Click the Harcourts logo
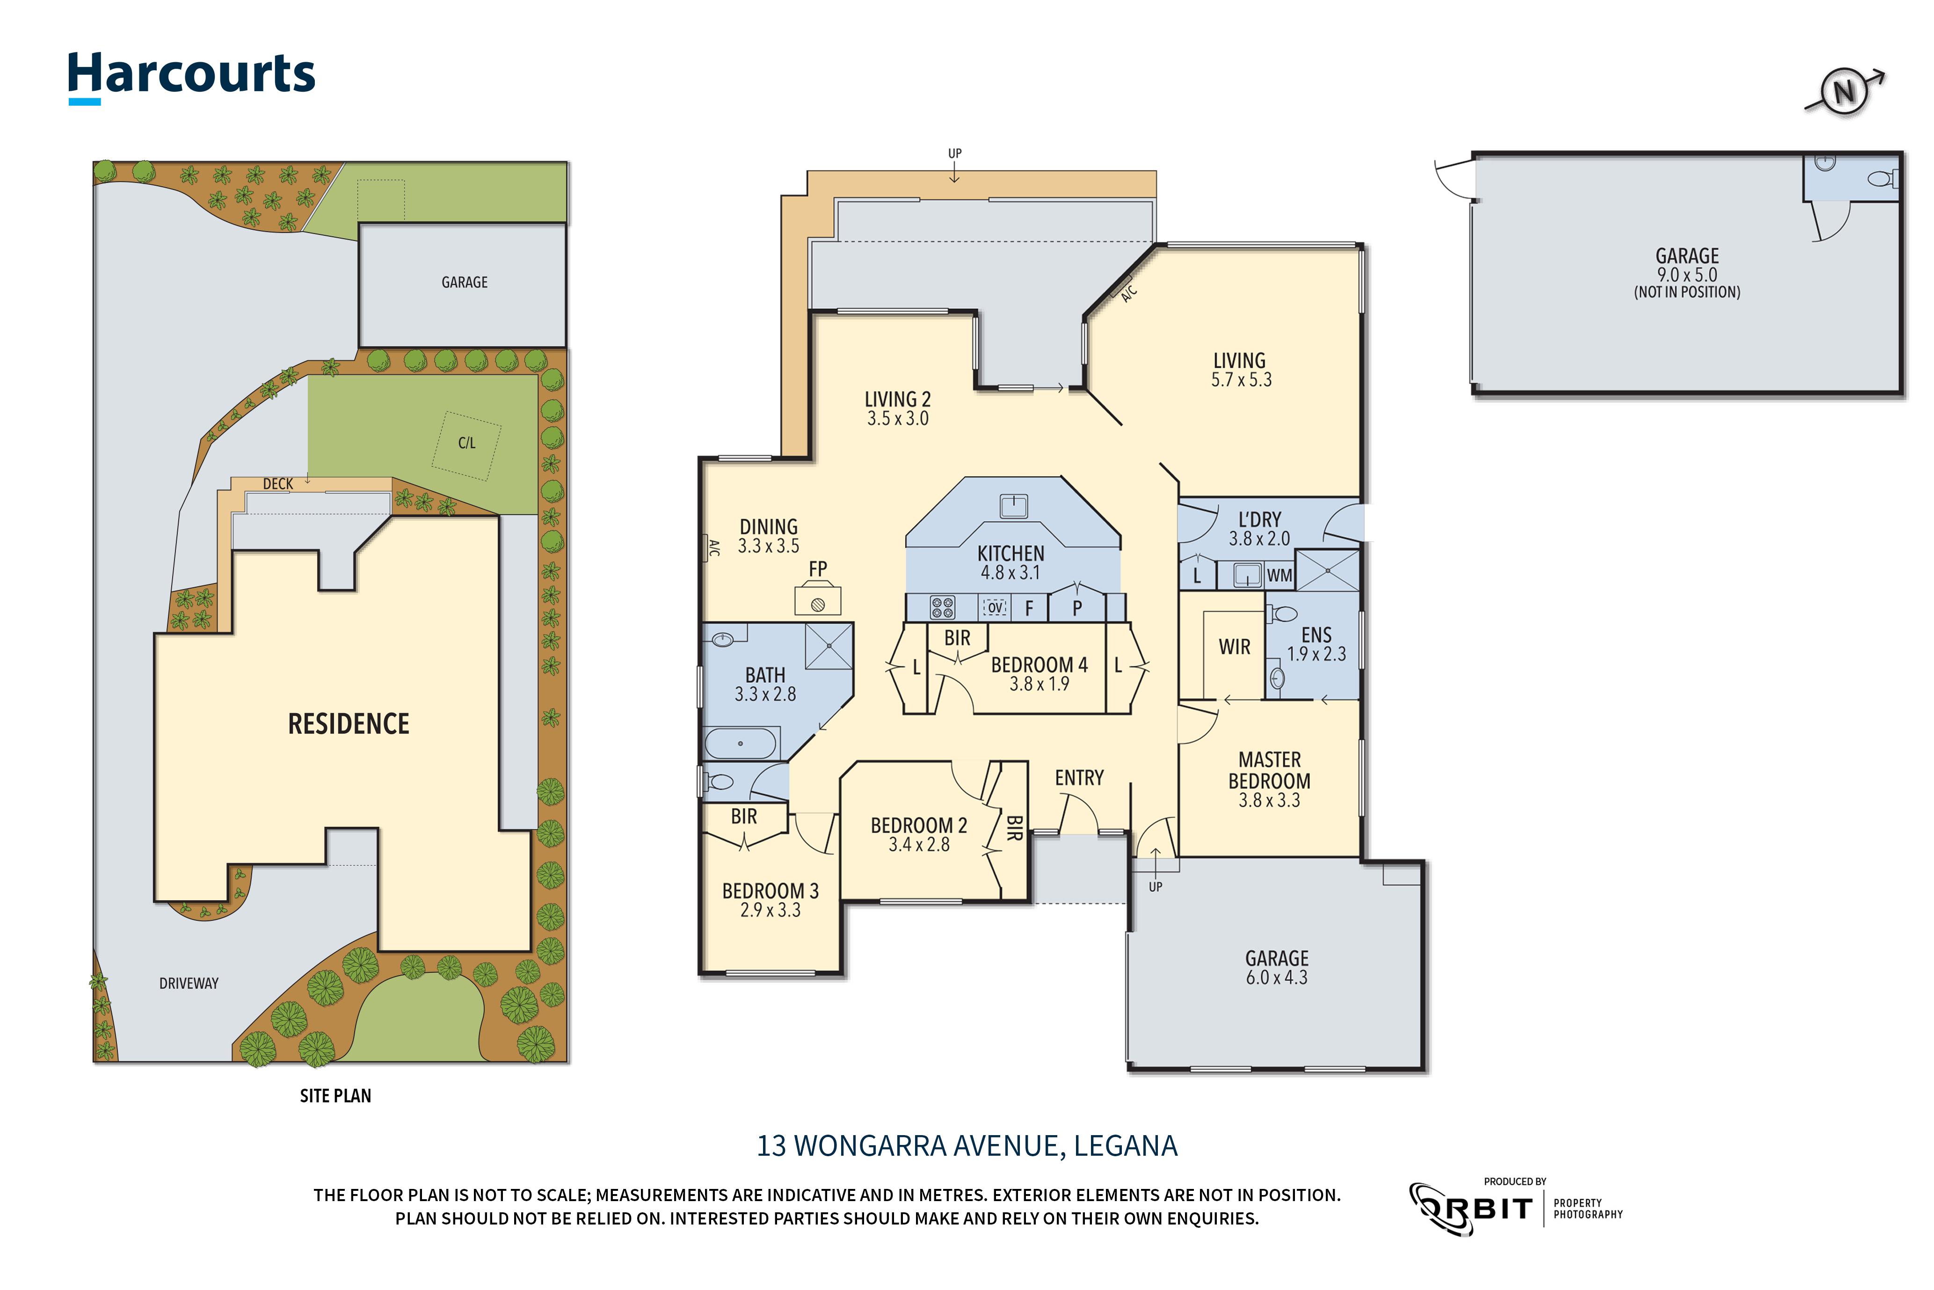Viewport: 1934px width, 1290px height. (x=191, y=76)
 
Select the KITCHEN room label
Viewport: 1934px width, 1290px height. (x=1010, y=554)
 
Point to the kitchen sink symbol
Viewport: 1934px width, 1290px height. (x=1013, y=506)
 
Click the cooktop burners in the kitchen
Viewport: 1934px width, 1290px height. (x=942, y=608)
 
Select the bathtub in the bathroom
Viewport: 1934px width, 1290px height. (x=741, y=743)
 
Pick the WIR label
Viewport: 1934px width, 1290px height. (x=1234, y=648)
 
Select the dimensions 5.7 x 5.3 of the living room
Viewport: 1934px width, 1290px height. (x=1241, y=380)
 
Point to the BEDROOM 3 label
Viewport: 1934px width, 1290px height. (x=770, y=891)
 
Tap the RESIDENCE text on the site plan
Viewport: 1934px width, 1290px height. (x=349, y=724)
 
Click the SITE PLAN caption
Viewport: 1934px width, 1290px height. (x=335, y=1096)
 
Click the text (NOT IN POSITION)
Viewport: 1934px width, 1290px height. (x=1687, y=292)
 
